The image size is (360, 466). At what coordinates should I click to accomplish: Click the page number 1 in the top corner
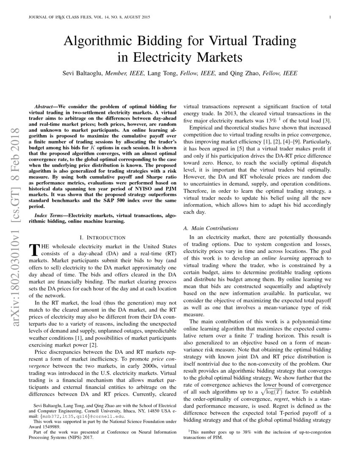tap(330, 17)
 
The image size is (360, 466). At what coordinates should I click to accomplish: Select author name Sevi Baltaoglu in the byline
tap(82, 73)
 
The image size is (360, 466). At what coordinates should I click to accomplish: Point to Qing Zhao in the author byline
tap(245, 73)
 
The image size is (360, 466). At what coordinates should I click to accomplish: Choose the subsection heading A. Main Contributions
tap(210, 228)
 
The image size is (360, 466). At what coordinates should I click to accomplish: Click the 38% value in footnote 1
tap(244, 432)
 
